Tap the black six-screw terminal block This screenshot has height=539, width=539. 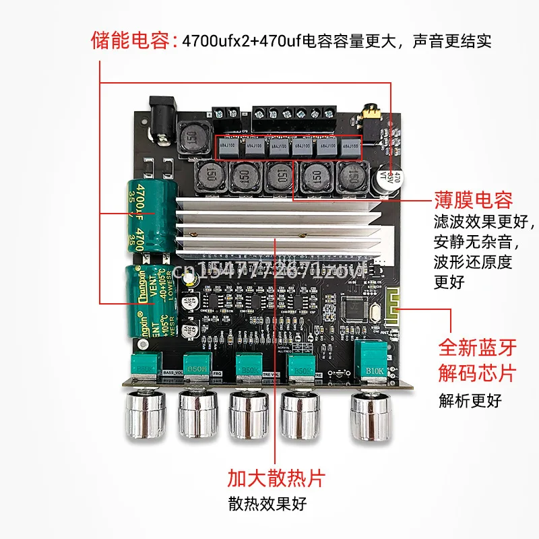[294, 117]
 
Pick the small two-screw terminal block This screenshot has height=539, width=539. [226, 116]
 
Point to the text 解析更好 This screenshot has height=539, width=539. [470, 401]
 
